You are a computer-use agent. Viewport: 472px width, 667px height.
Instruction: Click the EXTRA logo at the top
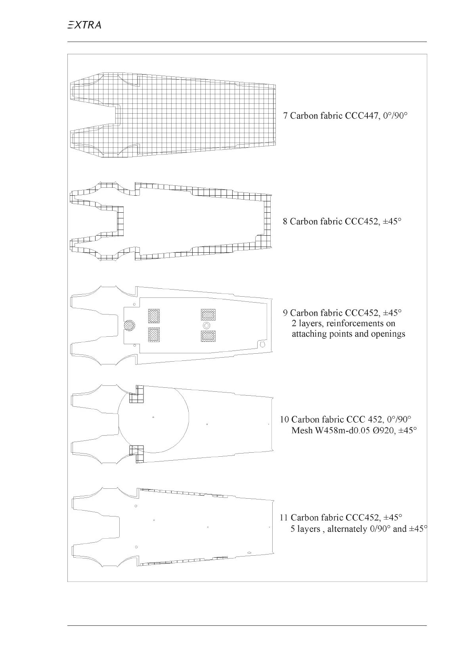[x=84, y=25]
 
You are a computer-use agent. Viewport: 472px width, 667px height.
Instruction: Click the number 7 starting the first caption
[x=285, y=116]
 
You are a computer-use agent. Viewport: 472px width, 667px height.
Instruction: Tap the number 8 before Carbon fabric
[x=285, y=221]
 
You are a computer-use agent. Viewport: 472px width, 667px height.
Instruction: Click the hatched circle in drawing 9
[x=129, y=326]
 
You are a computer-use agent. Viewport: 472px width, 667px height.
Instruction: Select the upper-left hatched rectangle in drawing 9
[x=154, y=316]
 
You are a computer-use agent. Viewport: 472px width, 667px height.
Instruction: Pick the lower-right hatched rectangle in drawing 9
[x=208, y=336]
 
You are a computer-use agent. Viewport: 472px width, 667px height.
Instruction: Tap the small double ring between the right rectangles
[x=206, y=325]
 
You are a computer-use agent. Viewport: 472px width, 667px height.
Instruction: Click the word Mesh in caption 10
[x=302, y=430]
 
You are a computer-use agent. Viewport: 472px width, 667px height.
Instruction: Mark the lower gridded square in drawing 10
[x=137, y=454]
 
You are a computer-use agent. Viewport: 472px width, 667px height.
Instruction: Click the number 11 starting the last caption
[x=283, y=518]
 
